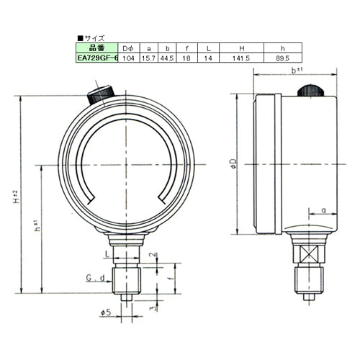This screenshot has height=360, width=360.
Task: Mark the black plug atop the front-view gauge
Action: click(100, 94)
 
